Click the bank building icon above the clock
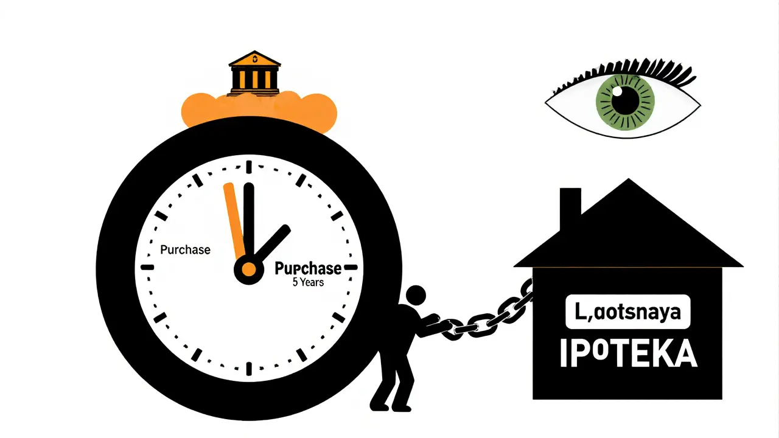tap(254, 72)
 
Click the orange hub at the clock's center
tap(248, 268)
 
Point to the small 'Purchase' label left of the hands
tap(185, 250)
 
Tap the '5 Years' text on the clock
tap(308, 282)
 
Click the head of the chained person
tap(416, 296)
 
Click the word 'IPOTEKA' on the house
tap(627, 354)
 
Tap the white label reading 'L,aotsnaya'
tap(627, 312)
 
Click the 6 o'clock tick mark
tap(249, 368)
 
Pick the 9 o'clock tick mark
tap(148, 267)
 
